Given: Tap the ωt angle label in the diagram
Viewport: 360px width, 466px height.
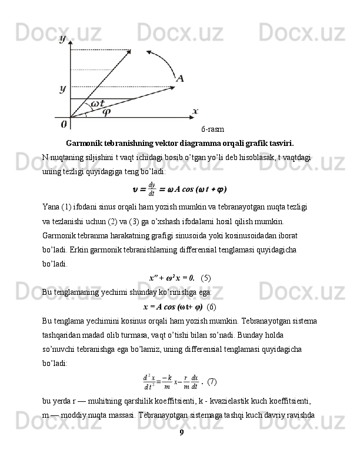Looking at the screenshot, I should (98, 104).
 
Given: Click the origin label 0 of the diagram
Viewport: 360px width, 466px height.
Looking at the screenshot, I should (64, 125).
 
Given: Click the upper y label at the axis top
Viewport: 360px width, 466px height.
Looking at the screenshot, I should (63, 39).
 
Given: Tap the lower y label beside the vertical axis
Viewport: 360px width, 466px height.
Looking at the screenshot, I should (62, 89).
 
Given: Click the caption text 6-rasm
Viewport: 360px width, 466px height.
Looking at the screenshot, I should (212, 129).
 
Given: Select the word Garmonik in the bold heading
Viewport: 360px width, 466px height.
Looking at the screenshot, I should (86, 143).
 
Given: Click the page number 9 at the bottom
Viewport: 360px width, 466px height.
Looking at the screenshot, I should (181, 450).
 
